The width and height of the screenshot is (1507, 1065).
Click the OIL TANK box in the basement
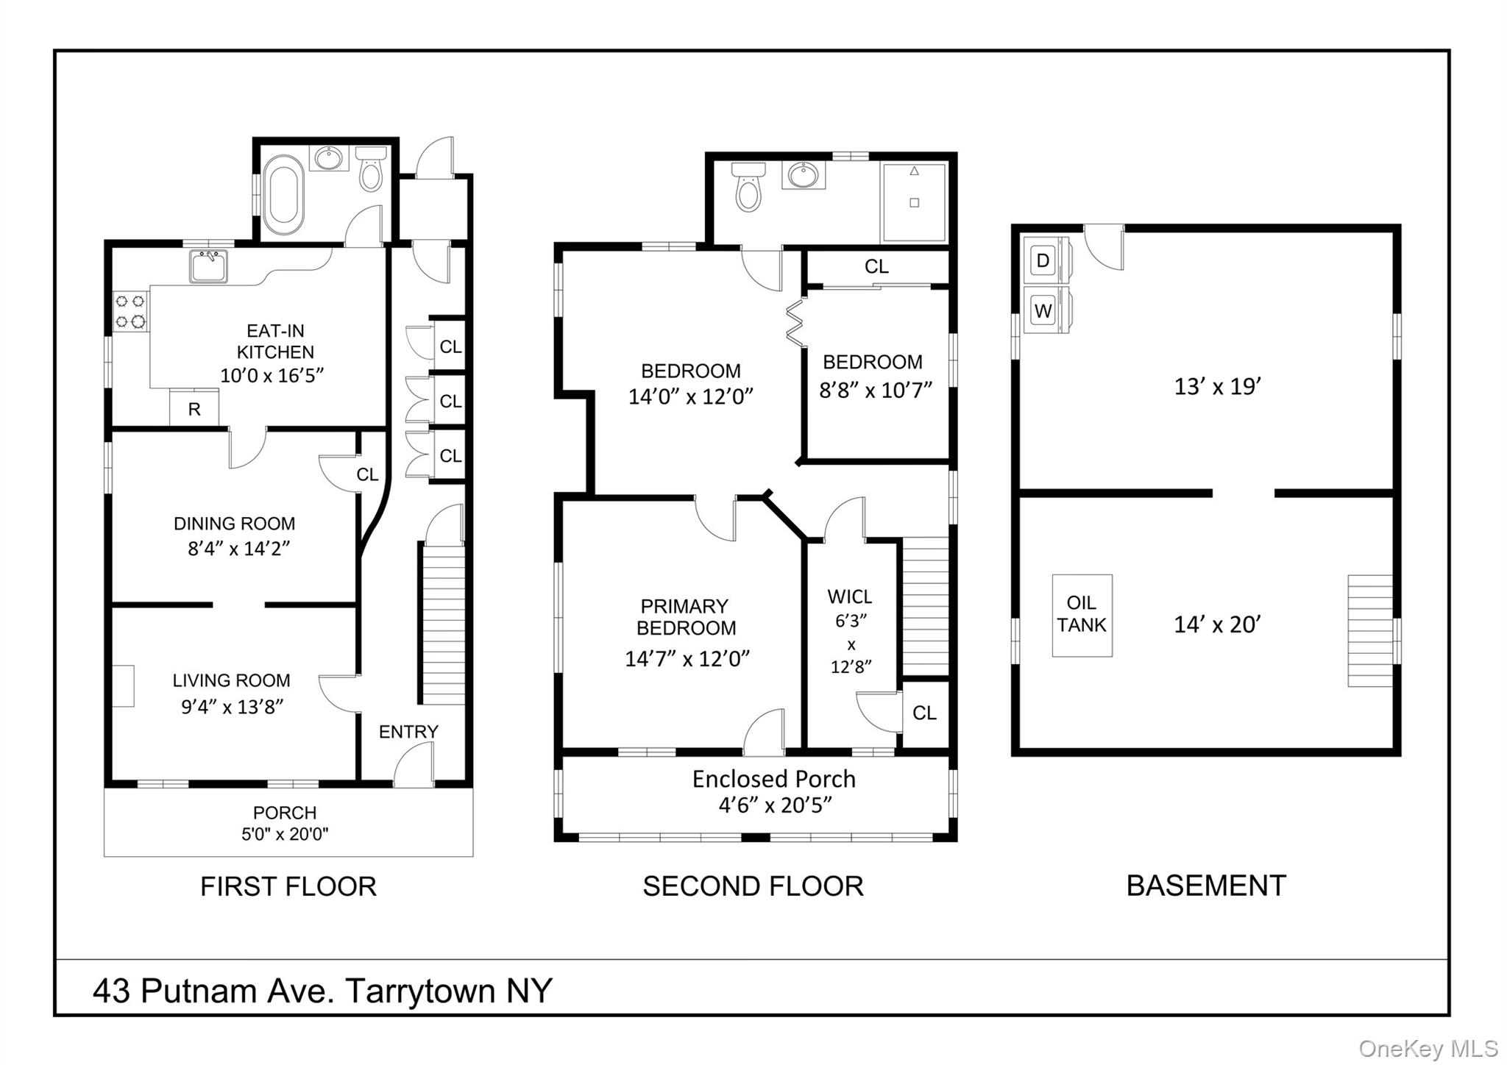tap(1081, 615)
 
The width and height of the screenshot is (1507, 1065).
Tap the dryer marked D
tap(1043, 260)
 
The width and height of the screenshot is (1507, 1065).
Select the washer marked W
tap(1043, 310)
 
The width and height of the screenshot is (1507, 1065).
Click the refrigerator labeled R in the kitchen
tap(194, 409)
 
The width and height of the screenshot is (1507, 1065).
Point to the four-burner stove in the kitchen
tap(131, 311)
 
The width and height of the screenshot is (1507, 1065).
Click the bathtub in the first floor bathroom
tap(283, 194)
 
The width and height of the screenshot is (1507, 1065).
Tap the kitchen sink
tap(208, 266)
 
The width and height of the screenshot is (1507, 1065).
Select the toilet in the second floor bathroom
tap(748, 188)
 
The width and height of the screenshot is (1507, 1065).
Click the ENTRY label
tap(408, 732)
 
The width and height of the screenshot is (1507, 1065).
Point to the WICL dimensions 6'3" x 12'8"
tap(851, 644)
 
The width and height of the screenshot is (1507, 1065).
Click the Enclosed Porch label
tap(773, 780)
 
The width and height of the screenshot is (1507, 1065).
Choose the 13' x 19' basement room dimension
tap(1218, 387)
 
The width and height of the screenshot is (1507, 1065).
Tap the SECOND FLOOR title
tap(753, 886)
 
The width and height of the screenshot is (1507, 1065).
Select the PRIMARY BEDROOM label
tap(685, 617)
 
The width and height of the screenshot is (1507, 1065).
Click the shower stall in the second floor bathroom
tap(914, 202)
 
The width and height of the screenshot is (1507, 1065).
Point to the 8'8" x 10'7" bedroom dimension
tap(876, 390)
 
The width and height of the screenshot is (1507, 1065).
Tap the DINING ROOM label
tap(234, 524)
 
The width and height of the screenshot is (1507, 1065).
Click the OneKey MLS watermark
tap(1428, 1048)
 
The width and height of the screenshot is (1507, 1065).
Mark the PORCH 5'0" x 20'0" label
tap(285, 823)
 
